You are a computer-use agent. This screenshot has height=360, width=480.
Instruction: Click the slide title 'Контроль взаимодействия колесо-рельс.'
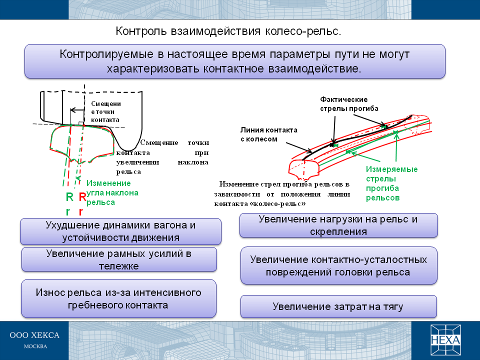coord(228,31)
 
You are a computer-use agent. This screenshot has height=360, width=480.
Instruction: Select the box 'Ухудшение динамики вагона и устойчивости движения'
coord(120,231)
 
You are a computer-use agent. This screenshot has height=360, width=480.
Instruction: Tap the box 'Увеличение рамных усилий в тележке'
coord(119,259)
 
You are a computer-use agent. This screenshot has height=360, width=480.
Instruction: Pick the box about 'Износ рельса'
coord(119,298)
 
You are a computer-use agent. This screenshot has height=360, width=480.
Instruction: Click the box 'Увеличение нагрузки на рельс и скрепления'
coord(338,225)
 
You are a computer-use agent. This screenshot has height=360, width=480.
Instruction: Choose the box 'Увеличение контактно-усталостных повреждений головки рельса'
coord(339,265)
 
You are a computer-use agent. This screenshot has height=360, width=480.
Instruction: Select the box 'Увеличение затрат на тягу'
coord(338,306)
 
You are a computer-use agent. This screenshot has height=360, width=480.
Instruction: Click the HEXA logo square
coord(445,340)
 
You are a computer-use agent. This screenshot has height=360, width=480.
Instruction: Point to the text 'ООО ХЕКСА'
coord(34,335)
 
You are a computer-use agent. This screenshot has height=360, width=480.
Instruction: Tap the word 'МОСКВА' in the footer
coord(35,346)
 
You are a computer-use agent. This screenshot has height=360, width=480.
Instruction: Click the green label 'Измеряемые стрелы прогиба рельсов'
coord(392,183)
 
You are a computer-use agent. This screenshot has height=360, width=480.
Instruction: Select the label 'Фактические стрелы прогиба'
coord(349,104)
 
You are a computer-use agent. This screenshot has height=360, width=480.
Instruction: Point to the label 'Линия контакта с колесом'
coord(269,134)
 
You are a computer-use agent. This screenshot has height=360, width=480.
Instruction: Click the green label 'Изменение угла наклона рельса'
coord(112,192)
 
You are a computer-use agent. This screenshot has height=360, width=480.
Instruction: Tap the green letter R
coord(69,197)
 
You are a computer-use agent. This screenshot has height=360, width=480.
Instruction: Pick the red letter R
coord(82,197)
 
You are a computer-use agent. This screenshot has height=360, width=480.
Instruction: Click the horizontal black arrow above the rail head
coord(77,110)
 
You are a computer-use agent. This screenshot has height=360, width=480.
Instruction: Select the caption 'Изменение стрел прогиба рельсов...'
coord(282,194)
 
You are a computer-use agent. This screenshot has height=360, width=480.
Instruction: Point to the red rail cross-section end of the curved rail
coord(304,169)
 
